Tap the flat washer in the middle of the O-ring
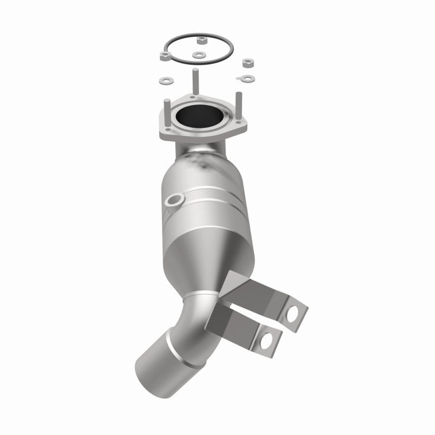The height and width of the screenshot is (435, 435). [x=199, y=55]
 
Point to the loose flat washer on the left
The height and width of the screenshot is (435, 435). [x=166, y=80]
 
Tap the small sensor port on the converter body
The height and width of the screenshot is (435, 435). [x=174, y=200]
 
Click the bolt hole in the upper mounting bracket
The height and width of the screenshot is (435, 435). [x=292, y=314]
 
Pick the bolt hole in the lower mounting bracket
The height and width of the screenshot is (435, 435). [x=266, y=341]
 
